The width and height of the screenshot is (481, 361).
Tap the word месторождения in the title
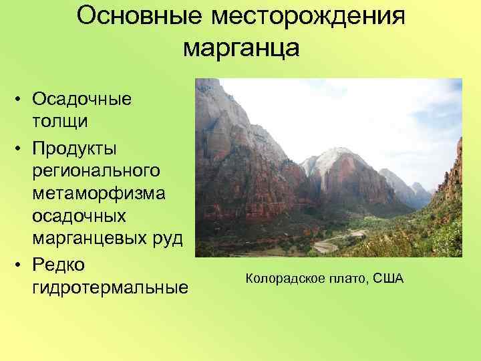tap(309, 17)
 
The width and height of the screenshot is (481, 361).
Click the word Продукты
tap(82, 146)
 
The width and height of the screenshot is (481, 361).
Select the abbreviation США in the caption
tap(387, 277)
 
